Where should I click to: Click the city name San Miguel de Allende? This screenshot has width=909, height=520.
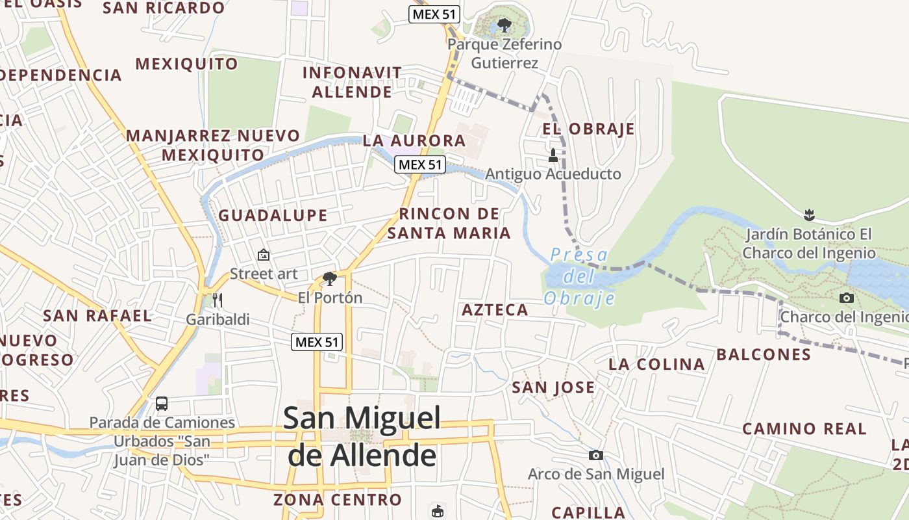click(x=362, y=436)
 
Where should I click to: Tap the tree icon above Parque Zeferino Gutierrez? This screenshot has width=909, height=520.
click(x=504, y=26)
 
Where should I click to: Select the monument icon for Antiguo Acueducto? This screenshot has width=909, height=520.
click(x=553, y=155)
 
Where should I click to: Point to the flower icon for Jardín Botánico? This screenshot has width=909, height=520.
click(x=809, y=214)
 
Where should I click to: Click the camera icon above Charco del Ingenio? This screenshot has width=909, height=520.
click(x=847, y=298)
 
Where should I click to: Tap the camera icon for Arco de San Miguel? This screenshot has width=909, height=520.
click(x=595, y=455)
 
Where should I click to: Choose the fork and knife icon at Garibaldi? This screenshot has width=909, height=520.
click(x=218, y=300)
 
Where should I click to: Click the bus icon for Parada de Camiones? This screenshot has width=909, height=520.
click(x=162, y=403)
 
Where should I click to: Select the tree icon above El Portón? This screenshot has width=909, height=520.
click(x=330, y=279)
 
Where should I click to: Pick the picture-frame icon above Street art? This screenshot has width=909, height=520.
click(x=264, y=255)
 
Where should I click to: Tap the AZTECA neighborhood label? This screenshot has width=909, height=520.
click(x=495, y=310)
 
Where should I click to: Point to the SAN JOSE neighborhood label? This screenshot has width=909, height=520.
click(x=553, y=388)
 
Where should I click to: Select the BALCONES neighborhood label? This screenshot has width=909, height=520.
click(x=764, y=354)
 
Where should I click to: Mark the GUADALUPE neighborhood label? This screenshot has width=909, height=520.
click(x=273, y=216)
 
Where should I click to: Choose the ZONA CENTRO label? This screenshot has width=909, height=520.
click(x=338, y=500)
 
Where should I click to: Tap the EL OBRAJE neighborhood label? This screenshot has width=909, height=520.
click(x=588, y=129)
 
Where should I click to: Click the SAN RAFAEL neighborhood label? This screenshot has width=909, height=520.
click(x=97, y=316)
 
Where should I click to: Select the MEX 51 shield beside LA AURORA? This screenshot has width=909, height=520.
click(x=420, y=164)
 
